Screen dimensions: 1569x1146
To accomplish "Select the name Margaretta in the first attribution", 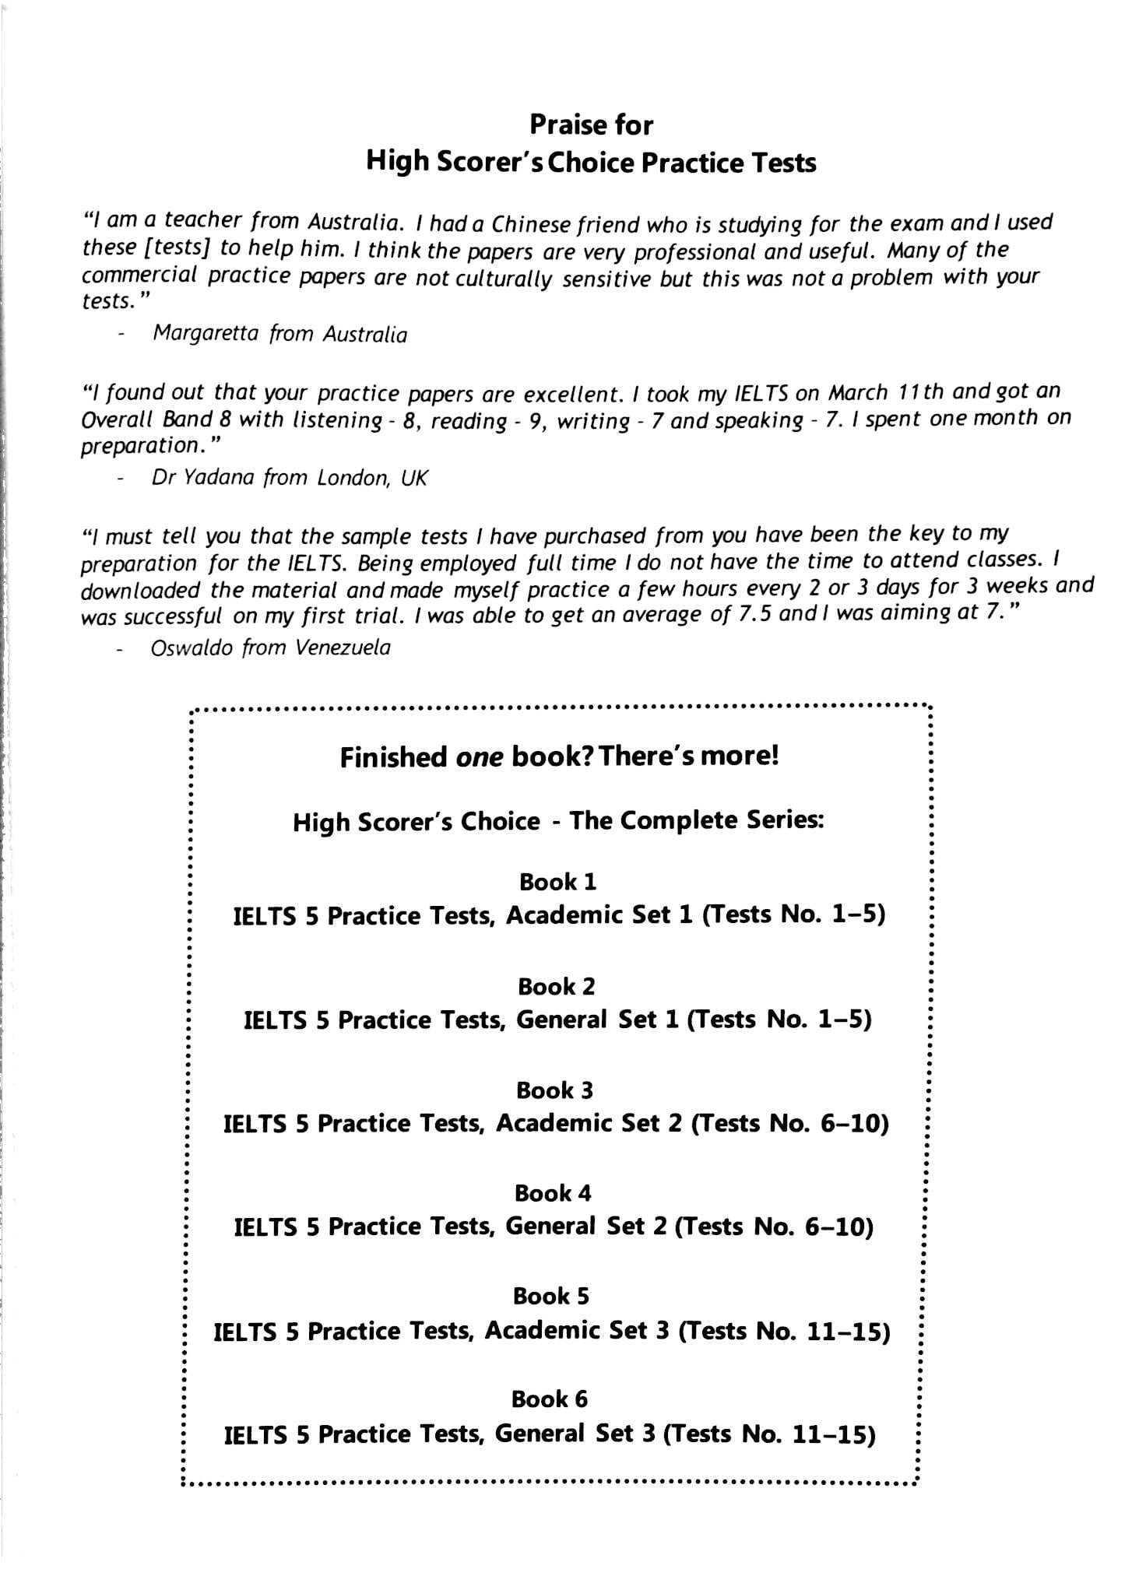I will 205,333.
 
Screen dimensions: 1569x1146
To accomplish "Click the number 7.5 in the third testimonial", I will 754,613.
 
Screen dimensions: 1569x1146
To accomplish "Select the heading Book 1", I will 557,882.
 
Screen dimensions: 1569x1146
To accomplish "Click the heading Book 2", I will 556,986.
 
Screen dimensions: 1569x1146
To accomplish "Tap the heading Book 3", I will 555,1090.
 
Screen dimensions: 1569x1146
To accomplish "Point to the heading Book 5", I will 551,1296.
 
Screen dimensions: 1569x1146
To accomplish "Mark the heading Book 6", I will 550,1399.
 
